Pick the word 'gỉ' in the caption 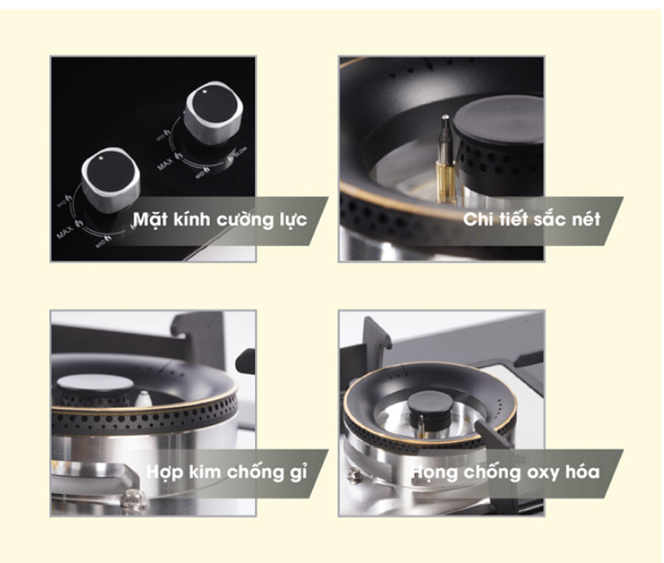[x=296, y=472]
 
